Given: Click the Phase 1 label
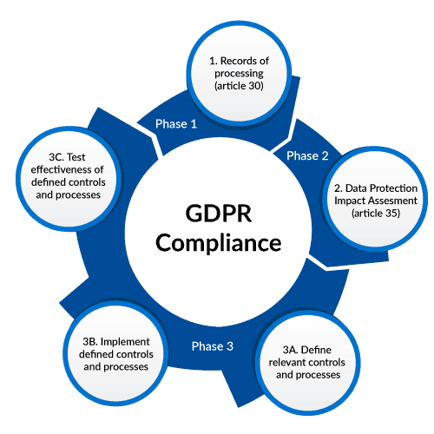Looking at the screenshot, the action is click(176, 124).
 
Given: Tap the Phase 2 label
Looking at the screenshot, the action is click(307, 155).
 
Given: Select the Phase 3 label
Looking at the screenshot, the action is click(213, 346).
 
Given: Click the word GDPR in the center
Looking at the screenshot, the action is click(219, 214).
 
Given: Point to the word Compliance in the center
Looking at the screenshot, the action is click(219, 242).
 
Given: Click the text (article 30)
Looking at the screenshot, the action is click(239, 86).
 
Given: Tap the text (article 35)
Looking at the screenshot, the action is click(376, 214).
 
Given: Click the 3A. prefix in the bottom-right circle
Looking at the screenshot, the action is click(290, 350).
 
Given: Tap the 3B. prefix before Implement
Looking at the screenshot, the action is click(90, 342).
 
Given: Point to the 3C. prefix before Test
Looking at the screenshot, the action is click(56, 157).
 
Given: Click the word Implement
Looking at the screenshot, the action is click(125, 342).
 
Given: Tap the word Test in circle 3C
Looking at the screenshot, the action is click(76, 157).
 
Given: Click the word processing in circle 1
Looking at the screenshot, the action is click(239, 74).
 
